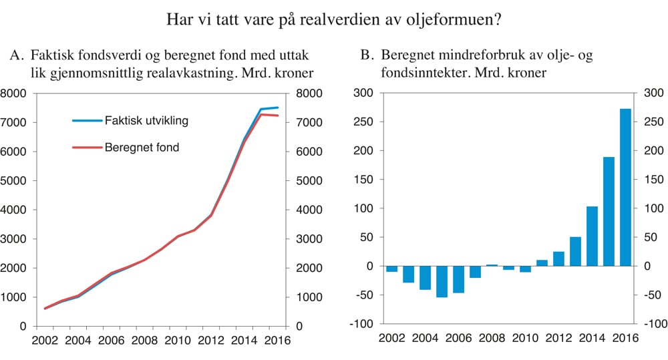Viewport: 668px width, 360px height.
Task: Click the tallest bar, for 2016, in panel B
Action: [x=625, y=187]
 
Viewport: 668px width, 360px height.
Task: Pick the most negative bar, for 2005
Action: [x=442, y=281]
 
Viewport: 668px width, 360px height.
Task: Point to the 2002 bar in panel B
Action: [x=391, y=268]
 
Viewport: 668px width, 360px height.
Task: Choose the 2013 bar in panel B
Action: [x=575, y=251]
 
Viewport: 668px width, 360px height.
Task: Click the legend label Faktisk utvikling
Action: [x=146, y=121]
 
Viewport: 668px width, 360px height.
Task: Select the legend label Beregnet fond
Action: [x=142, y=147]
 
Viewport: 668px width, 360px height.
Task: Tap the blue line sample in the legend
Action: [x=87, y=121]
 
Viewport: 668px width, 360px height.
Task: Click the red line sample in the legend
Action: [x=87, y=147]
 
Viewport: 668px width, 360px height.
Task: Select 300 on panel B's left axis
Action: [x=362, y=94]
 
